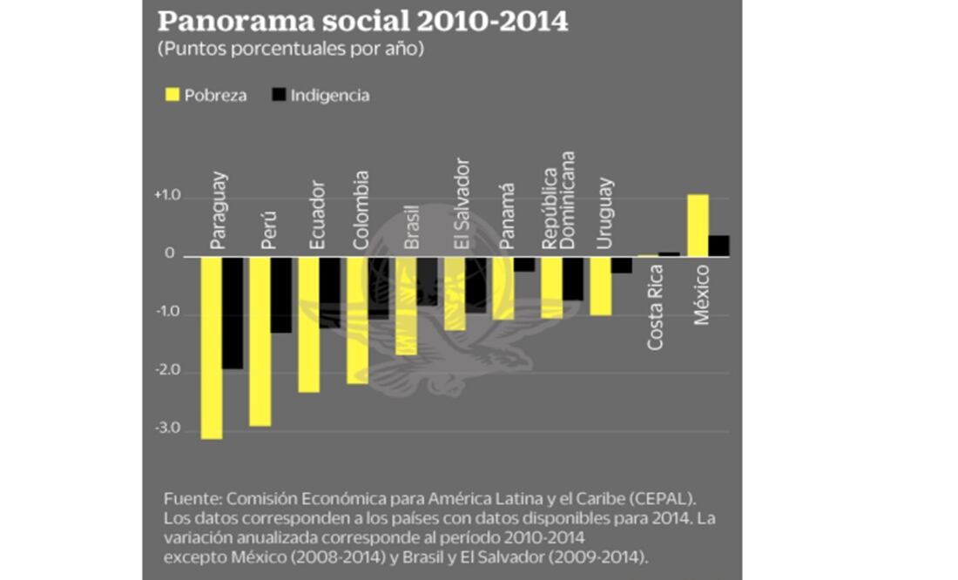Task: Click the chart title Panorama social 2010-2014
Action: (x=362, y=21)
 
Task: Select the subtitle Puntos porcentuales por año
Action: (x=290, y=50)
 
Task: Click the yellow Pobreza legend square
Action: (x=170, y=95)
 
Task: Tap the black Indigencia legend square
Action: (x=279, y=95)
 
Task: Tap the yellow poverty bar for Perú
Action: (x=260, y=341)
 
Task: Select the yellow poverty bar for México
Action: (x=698, y=225)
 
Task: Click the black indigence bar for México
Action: (x=718, y=246)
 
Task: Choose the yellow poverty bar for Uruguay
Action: (x=601, y=286)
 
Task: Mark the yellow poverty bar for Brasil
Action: (x=406, y=305)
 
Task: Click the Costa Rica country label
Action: (x=656, y=309)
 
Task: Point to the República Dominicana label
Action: (x=558, y=200)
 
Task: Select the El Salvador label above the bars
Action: (x=461, y=204)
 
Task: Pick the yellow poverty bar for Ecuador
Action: (x=308, y=323)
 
